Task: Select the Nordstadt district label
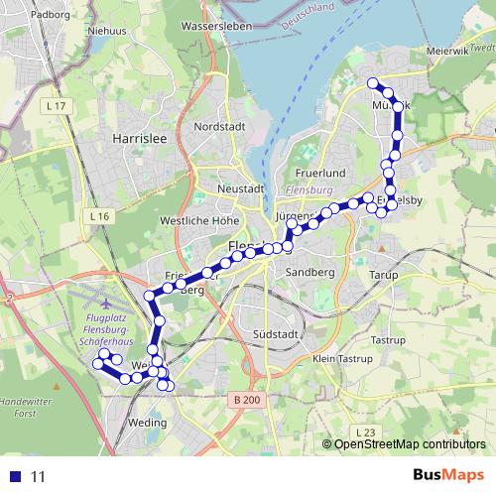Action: coord(218,126)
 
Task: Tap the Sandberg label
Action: coord(307,271)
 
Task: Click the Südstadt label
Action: coord(276,333)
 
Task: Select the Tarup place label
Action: coord(382,274)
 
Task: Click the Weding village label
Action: coord(148,422)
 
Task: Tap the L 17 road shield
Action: coord(55,105)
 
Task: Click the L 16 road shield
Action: coord(97,215)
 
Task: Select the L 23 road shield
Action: coord(366,432)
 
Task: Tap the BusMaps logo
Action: coord(448,475)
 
